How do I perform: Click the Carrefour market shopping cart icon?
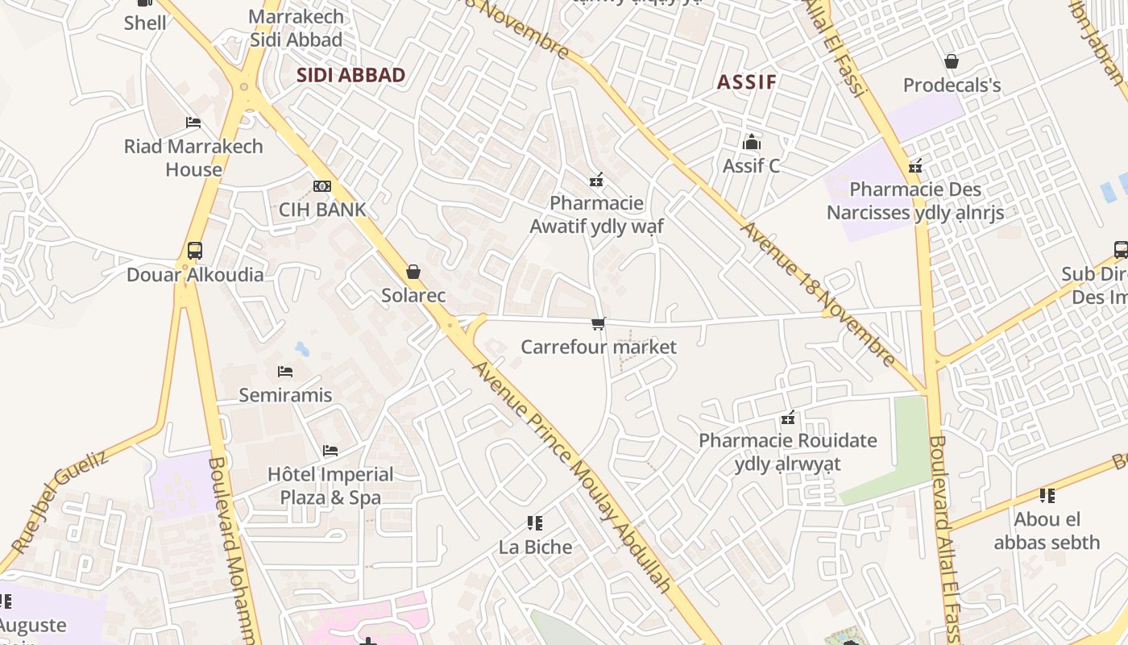(598, 323)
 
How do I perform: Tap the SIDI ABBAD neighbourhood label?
(350, 75)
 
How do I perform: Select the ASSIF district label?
(747, 81)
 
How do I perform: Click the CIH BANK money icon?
(321, 186)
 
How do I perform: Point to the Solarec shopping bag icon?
(413, 272)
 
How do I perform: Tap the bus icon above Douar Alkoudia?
(194, 250)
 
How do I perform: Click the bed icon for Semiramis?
(285, 372)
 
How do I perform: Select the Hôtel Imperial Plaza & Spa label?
(330, 485)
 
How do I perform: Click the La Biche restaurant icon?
(535, 523)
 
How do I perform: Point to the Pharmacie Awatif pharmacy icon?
(596, 179)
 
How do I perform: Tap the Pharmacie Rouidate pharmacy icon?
(788, 418)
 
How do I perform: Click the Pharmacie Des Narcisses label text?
(915, 201)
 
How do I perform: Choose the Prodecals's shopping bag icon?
(952, 61)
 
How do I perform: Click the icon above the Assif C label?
(752, 142)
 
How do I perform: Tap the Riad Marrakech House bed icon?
(193, 123)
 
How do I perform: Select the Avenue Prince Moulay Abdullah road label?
(572, 476)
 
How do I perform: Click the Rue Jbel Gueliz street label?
(60, 501)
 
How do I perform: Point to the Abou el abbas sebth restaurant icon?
(1047, 495)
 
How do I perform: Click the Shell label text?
(145, 23)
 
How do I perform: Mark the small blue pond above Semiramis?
(302, 349)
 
